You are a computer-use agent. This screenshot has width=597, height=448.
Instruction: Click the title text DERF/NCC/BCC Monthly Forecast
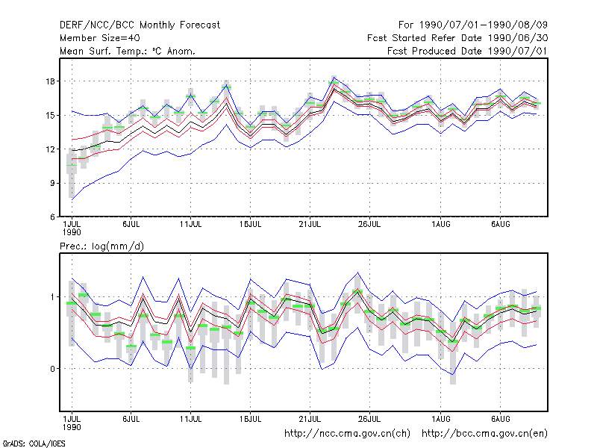click(140, 25)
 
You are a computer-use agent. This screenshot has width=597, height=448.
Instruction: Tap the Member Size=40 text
click(100, 38)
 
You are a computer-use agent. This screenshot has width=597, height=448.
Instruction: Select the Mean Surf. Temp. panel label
click(128, 51)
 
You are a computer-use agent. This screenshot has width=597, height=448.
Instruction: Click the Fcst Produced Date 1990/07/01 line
click(467, 51)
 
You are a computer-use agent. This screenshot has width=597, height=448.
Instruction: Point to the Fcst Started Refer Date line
click(457, 38)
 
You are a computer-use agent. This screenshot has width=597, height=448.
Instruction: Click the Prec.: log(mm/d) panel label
click(101, 246)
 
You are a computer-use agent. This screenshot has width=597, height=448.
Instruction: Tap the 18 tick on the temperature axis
click(50, 81)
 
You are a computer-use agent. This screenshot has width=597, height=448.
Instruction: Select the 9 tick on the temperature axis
click(52, 183)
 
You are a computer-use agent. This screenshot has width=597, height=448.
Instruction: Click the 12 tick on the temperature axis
click(50, 149)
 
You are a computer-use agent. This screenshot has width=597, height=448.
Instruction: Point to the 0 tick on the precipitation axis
click(52, 369)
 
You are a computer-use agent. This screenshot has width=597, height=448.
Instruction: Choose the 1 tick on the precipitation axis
click(52, 297)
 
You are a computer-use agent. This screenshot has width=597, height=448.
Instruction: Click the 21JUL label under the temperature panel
click(310, 225)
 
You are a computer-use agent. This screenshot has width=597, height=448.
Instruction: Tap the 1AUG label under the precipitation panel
click(441, 419)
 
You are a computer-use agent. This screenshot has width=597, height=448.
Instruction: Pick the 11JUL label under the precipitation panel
click(190, 419)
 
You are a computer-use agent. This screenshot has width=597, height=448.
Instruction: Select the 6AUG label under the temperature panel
click(500, 225)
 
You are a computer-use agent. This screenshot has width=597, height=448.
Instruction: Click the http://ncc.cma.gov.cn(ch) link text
click(347, 434)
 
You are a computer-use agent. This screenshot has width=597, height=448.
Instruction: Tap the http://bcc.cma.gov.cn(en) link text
click(484, 434)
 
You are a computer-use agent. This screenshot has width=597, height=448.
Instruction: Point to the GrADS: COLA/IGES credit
click(34, 444)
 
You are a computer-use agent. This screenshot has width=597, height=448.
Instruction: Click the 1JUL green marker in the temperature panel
click(72, 165)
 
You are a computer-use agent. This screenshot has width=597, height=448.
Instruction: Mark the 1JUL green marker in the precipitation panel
click(72, 303)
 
